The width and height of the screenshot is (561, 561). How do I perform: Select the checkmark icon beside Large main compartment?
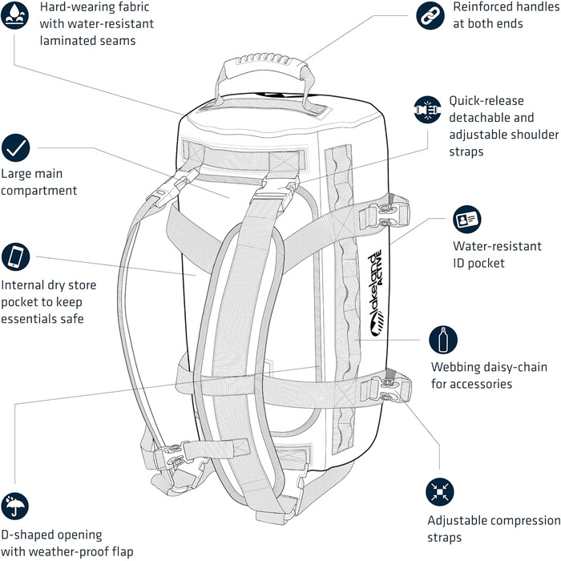pos(16,147)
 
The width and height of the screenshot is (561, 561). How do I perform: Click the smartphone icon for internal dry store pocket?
pos(16,257)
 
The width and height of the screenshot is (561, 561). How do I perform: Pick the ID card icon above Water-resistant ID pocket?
pos(466,220)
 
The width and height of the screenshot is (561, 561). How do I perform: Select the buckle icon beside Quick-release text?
pos(428,108)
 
